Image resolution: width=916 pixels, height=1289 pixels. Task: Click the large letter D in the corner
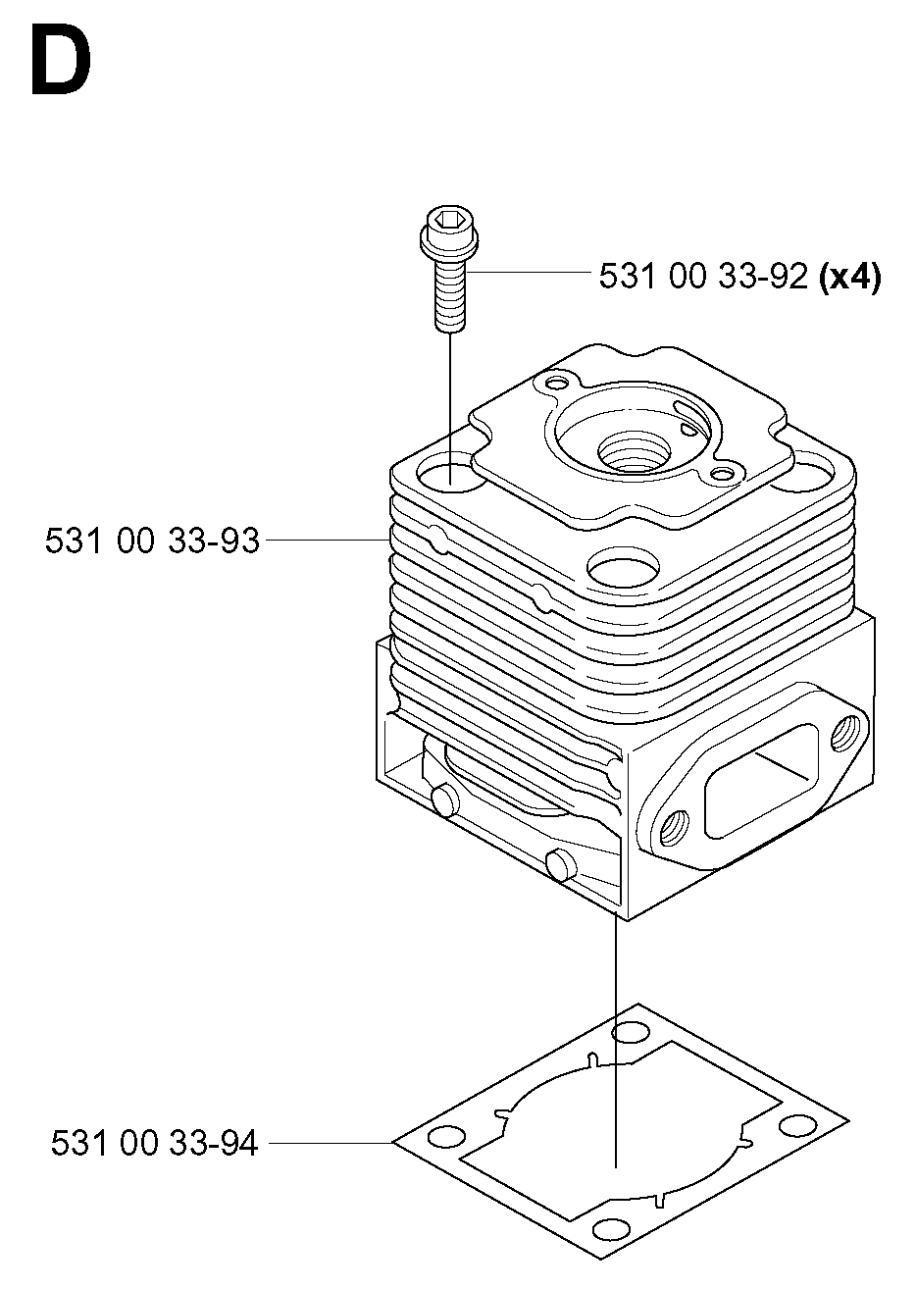(x=61, y=60)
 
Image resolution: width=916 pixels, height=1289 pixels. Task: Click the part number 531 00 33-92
(x=703, y=276)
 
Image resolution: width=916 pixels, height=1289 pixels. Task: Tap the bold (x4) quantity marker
(x=849, y=277)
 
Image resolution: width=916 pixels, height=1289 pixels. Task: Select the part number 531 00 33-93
(x=152, y=541)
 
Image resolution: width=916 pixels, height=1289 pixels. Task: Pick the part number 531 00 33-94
(x=154, y=1142)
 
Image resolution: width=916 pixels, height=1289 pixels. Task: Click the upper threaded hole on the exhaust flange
(x=844, y=733)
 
